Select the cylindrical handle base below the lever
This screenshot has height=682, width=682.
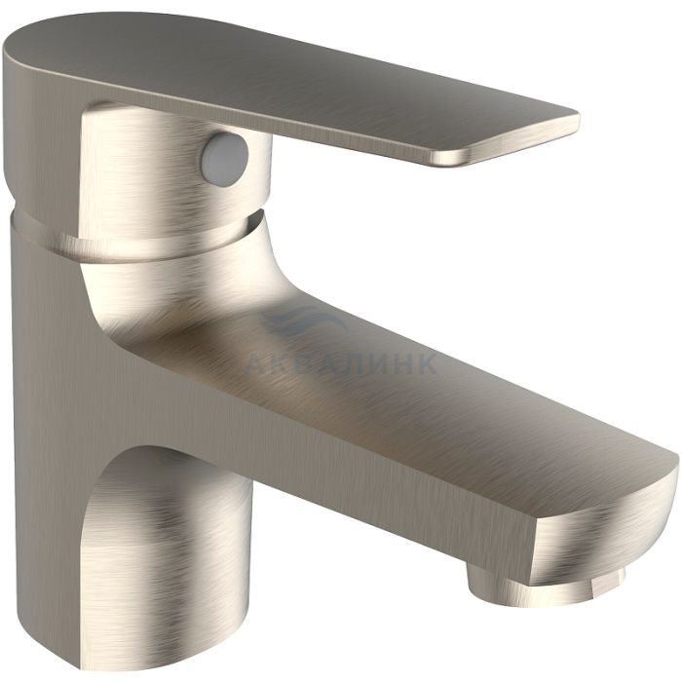pyautogui.click(x=174, y=174)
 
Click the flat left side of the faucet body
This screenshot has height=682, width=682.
pyautogui.click(x=48, y=435)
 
